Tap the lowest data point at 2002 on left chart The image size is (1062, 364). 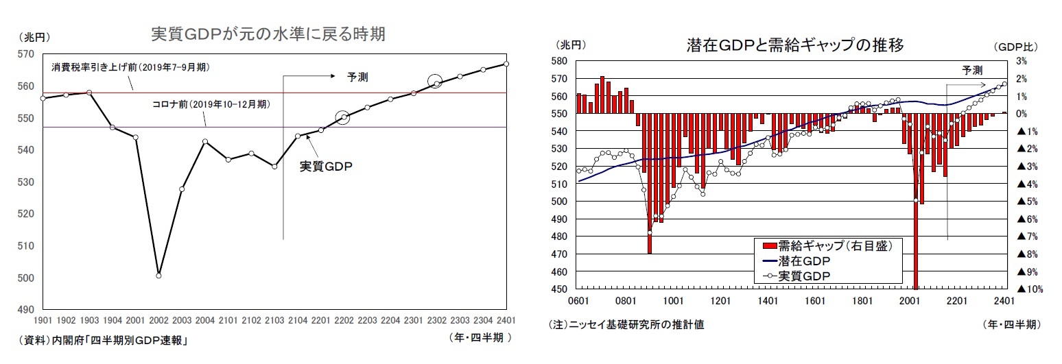(158, 275)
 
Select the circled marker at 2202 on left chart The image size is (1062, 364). (343, 117)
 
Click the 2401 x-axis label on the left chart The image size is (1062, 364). (506, 319)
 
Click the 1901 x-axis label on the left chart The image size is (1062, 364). (43, 319)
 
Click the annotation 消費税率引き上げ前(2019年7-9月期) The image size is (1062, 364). (130, 68)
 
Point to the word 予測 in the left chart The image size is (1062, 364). (357, 77)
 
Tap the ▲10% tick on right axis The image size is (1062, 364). (1029, 289)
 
